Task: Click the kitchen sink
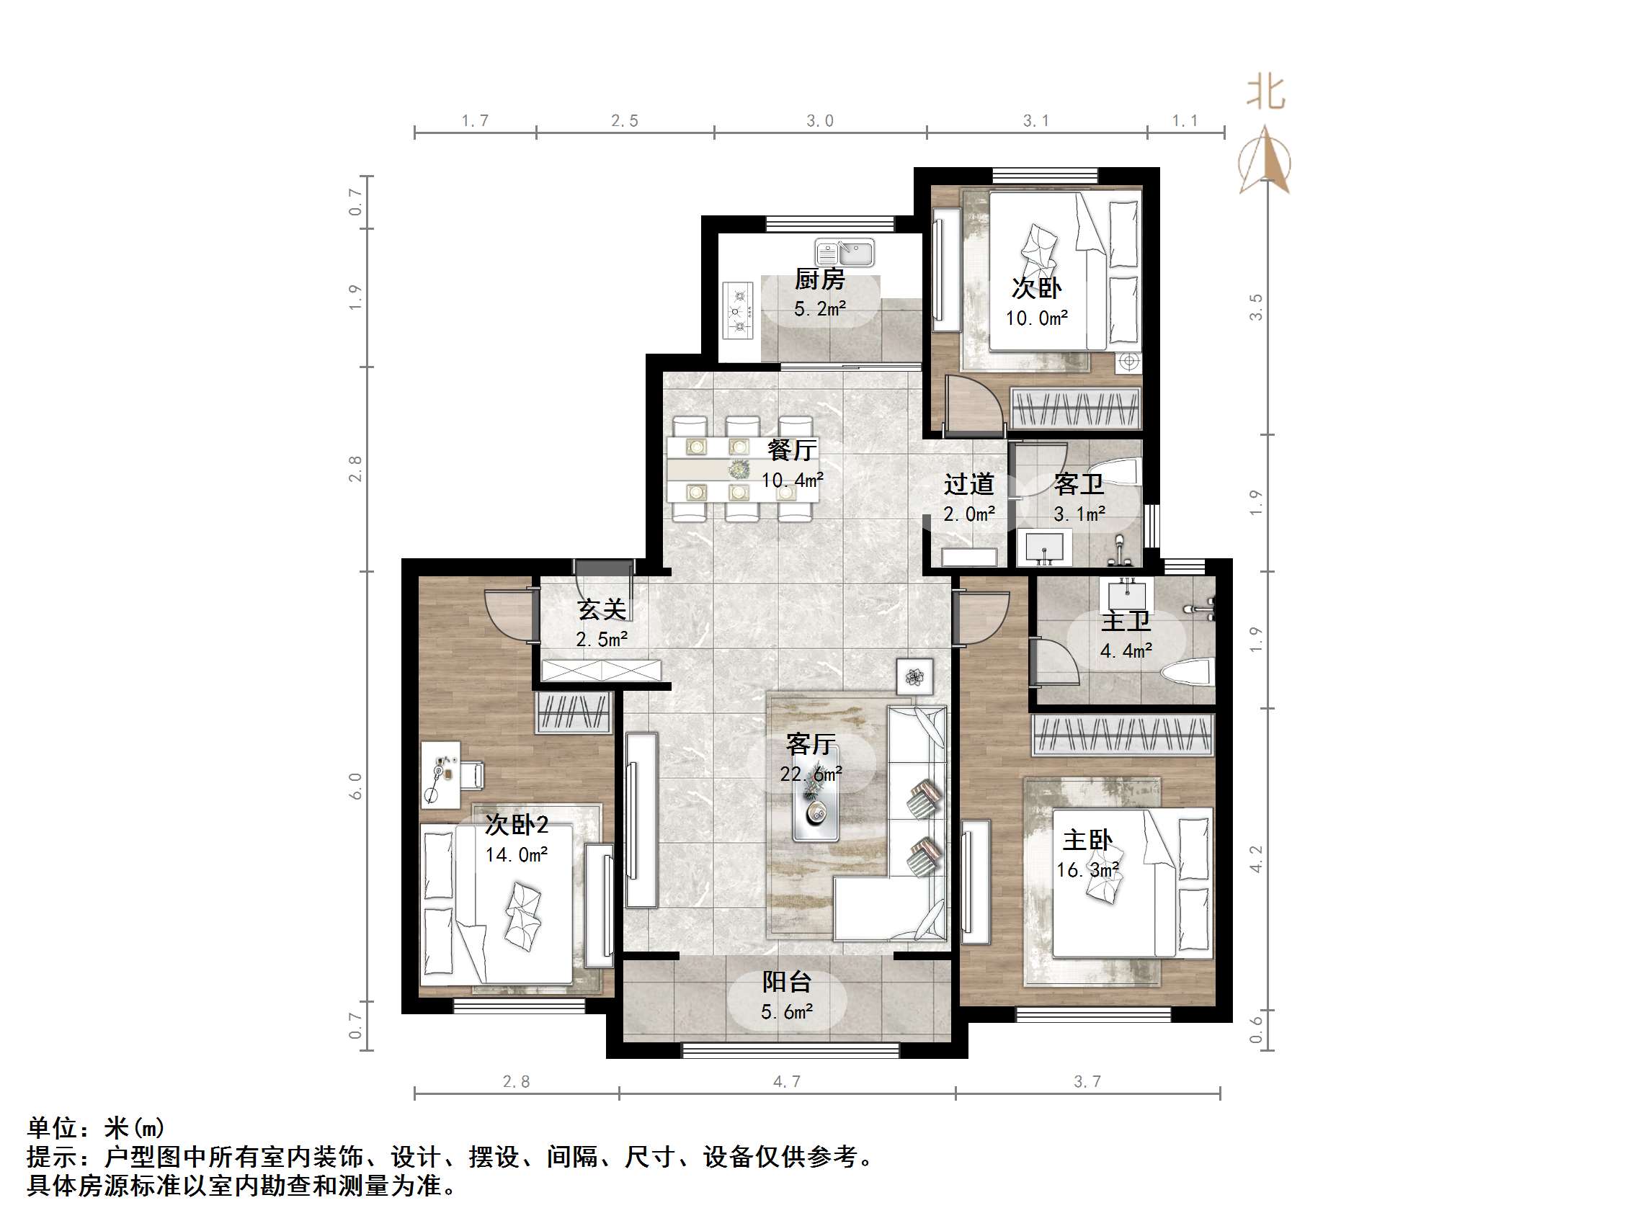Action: (844, 253)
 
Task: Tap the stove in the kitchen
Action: (738, 311)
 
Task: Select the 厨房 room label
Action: (820, 279)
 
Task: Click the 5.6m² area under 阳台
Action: (787, 1011)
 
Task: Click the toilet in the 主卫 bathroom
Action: (1187, 673)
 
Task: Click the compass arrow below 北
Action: (1265, 160)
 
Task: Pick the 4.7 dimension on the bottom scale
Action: (786, 1082)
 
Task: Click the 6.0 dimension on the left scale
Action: (355, 786)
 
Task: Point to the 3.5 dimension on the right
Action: (1256, 307)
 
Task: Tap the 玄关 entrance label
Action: (602, 609)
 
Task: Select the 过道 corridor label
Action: (968, 485)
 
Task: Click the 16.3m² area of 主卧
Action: (1087, 870)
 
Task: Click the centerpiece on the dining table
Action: (739, 468)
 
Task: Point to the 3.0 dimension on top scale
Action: (820, 121)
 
